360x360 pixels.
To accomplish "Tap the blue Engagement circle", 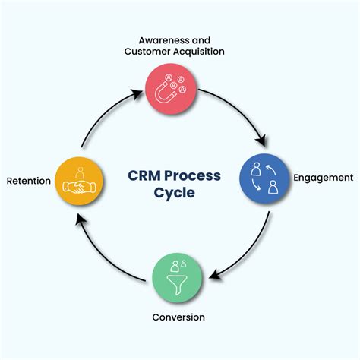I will tap(265, 178).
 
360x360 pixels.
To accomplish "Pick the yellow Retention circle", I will tap(78, 181).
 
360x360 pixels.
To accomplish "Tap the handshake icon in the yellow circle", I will tap(78, 185).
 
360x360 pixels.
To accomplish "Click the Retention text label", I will tap(29, 181).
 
